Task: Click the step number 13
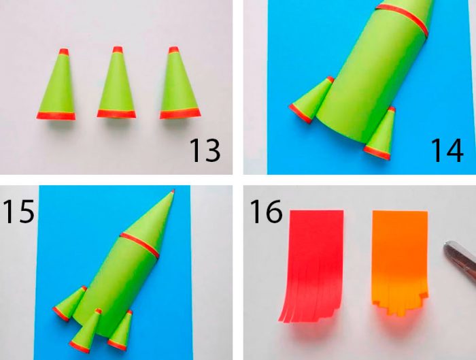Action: [x=205, y=150]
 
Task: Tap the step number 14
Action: [x=447, y=150]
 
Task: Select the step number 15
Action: [x=18, y=211]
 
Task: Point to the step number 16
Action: [x=267, y=212]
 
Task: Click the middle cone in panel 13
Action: [x=116, y=82]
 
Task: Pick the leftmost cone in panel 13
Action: [x=56, y=84]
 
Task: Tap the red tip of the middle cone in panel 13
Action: [x=118, y=50]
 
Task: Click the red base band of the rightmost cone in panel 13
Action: [x=180, y=114]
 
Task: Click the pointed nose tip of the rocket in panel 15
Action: [x=173, y=191]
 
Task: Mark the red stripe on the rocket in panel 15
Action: [x=139, y=245]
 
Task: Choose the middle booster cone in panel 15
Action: [x=86, y=331]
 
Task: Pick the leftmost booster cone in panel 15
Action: [x=70, y=304]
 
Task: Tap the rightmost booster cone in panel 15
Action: [x=121, y=331]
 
